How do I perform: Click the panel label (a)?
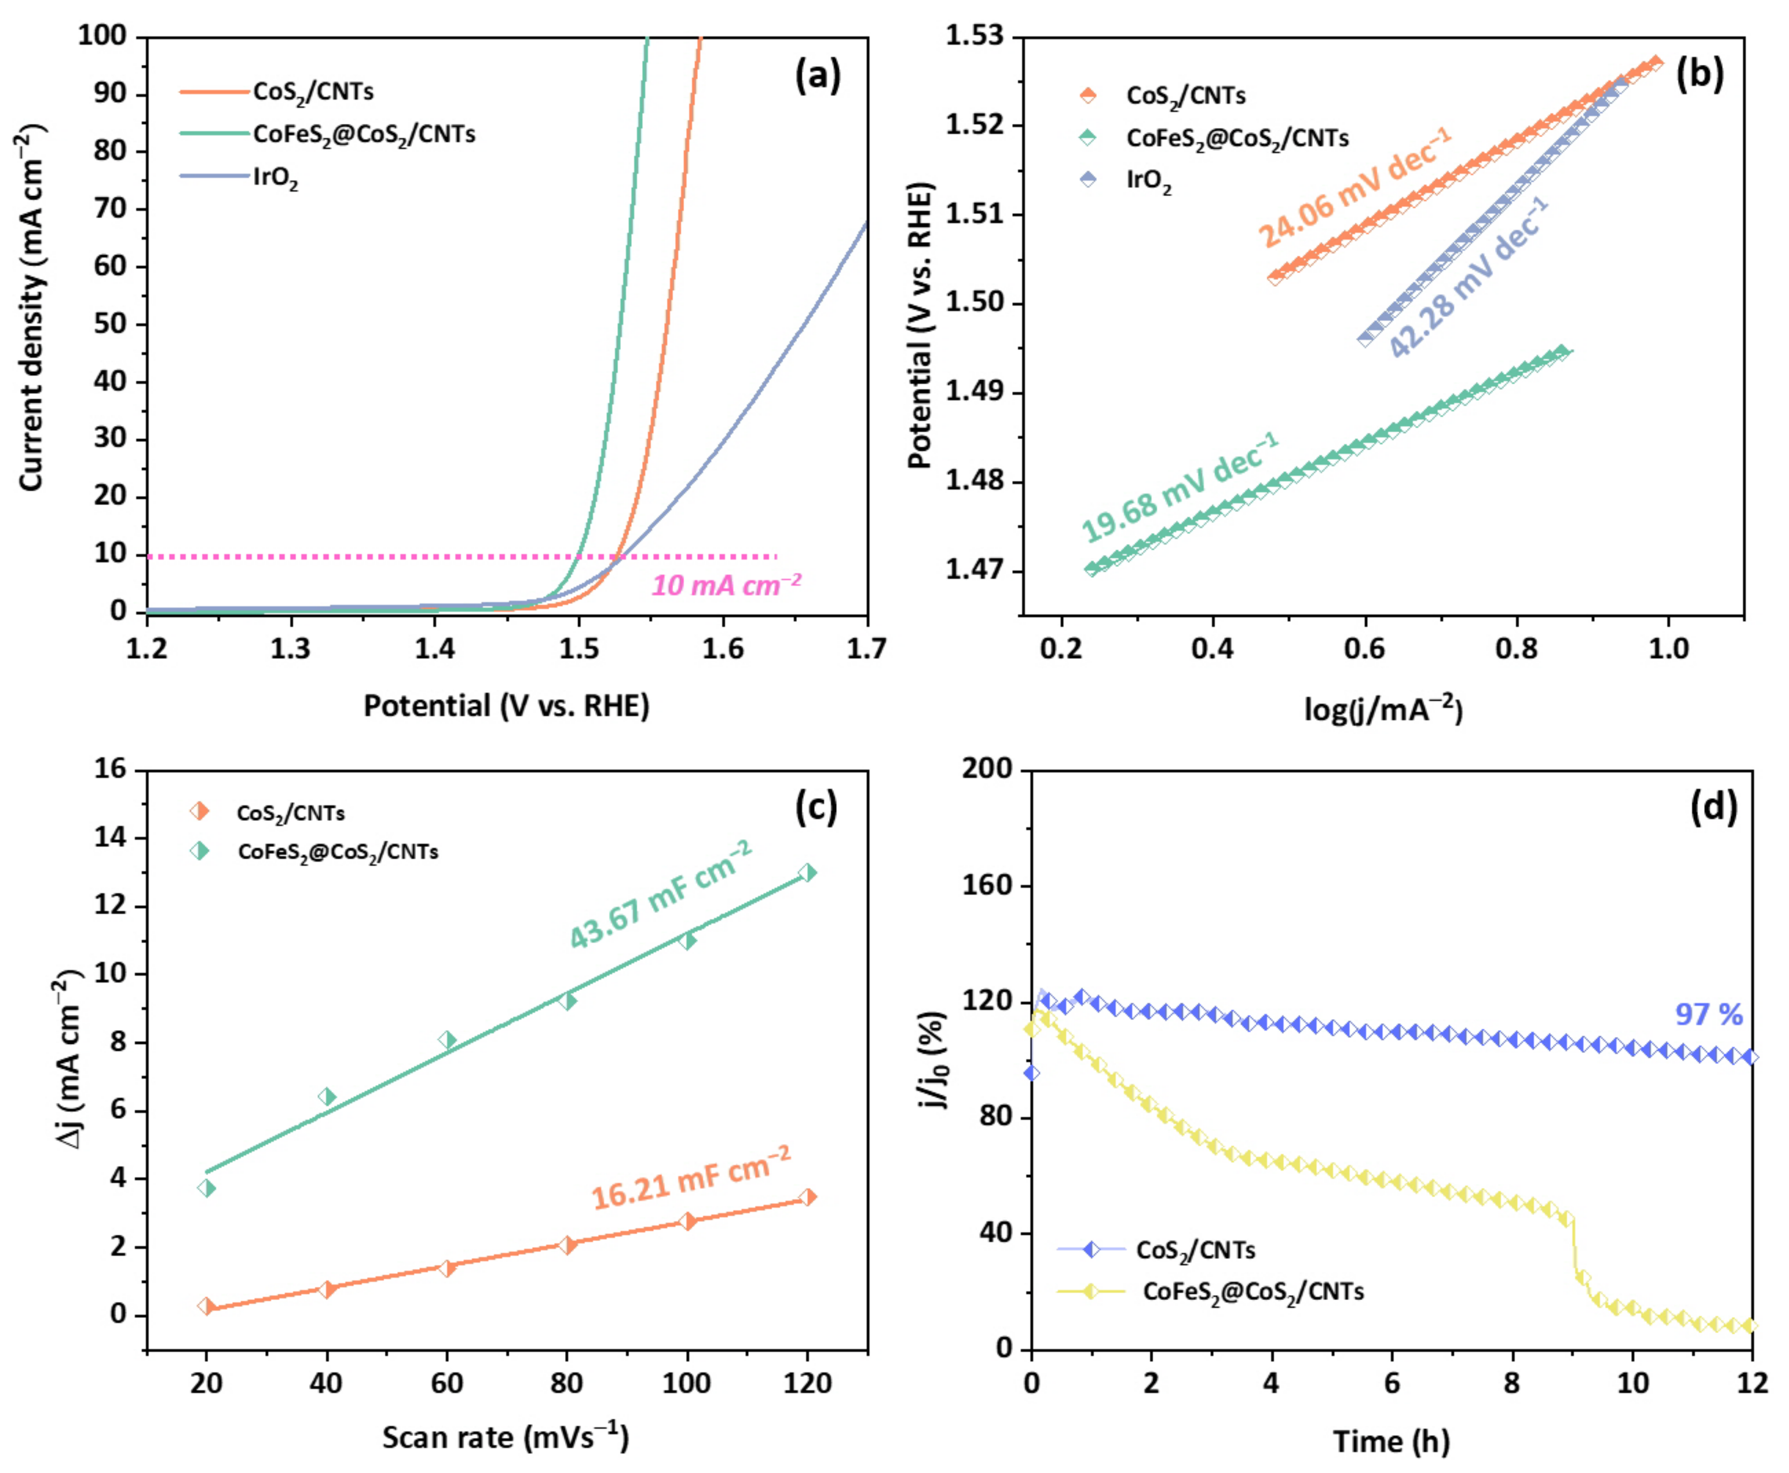point(817,76)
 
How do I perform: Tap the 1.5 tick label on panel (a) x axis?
point(579,649)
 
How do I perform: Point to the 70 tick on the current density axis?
point(110,209)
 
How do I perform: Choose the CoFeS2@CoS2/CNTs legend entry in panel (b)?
point(1237,138)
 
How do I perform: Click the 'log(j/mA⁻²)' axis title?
point(1383,709)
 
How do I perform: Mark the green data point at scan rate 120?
point(808,873)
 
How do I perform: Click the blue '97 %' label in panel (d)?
point(1708,1014)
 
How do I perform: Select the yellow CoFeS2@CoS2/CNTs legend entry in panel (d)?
point(1253,1292)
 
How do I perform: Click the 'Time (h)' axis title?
point(1391,1441)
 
